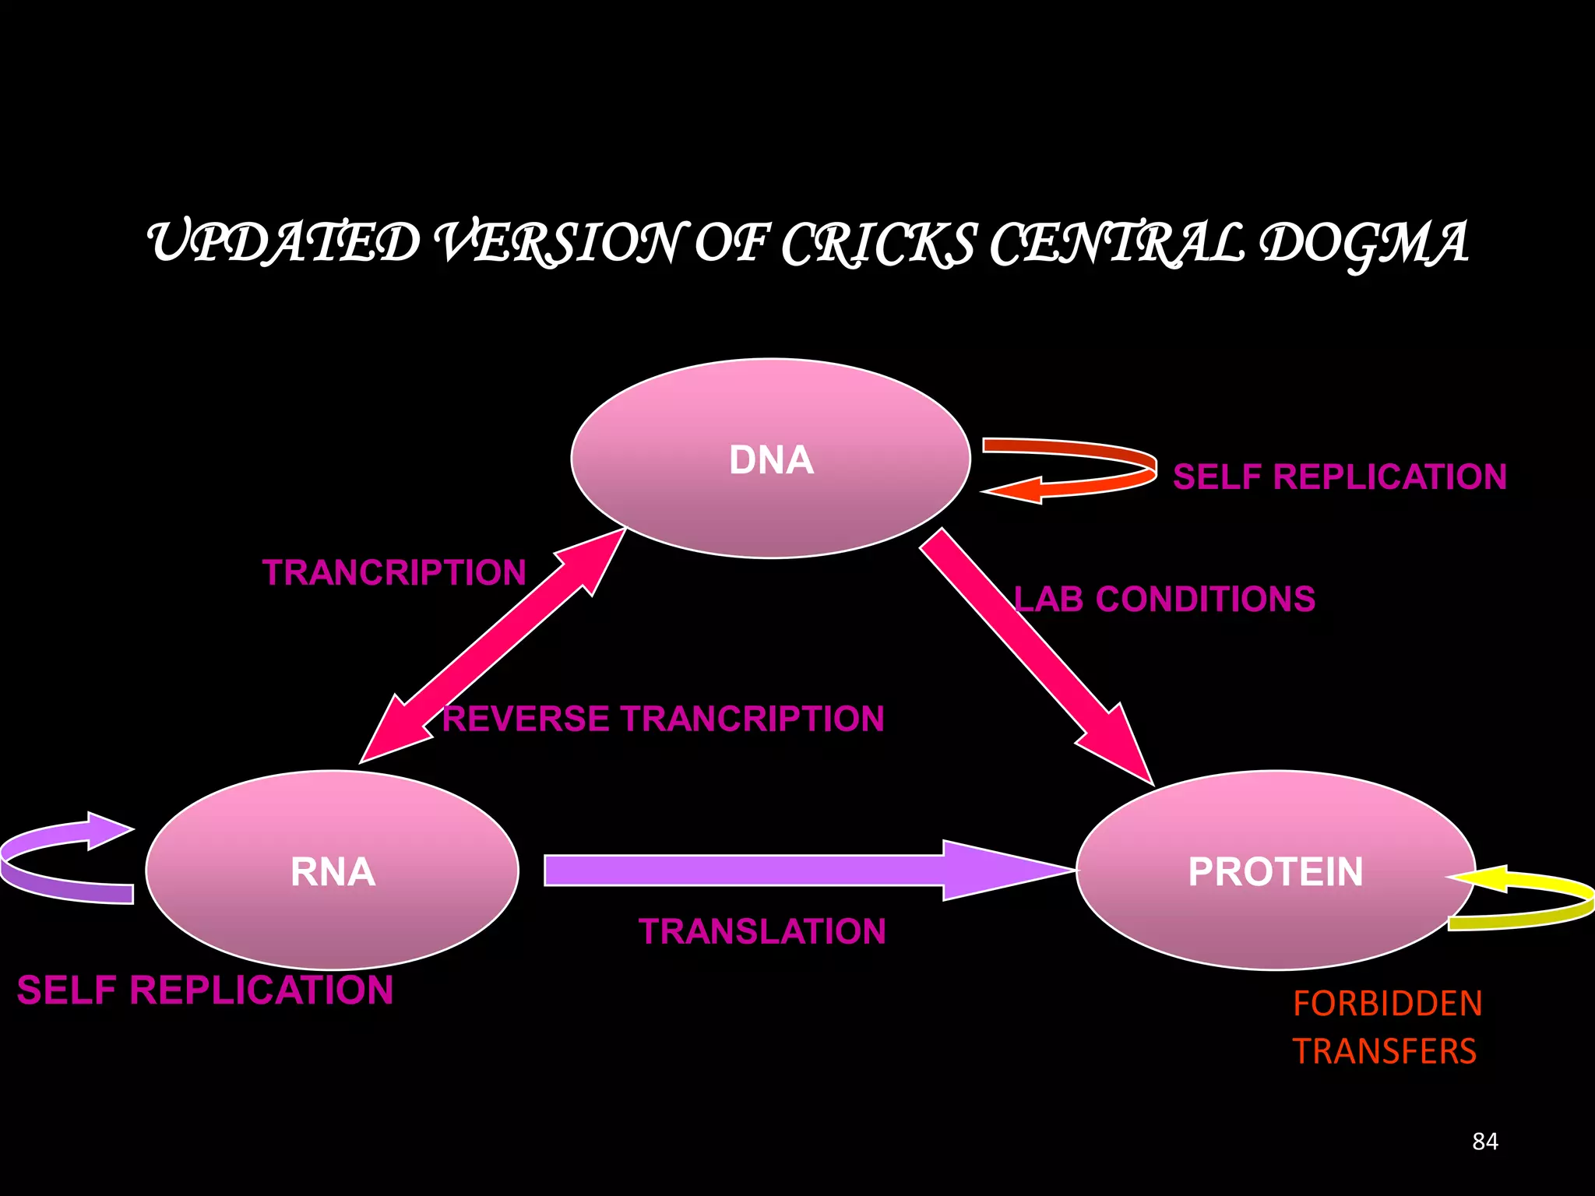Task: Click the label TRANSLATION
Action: point(762,931)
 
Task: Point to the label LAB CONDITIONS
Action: point(1164,600)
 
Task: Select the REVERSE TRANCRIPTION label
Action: point(663,719)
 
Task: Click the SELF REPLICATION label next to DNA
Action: point(1340,477)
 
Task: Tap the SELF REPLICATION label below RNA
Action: point(205,990)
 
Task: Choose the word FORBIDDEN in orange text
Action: point(1387,1003)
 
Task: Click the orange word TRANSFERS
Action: point(1384,1051)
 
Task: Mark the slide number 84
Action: point(1484,1141)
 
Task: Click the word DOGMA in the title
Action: point(1363,243)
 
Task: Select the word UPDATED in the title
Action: point(284,243)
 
